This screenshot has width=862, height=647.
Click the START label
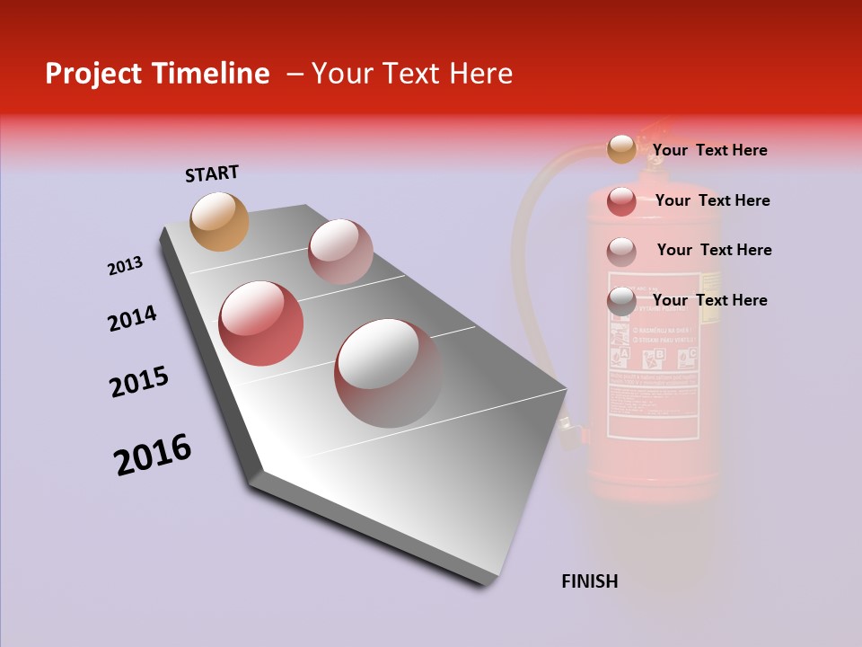(212, 173)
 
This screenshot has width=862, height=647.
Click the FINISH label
(589, 581)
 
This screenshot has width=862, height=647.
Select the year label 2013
(125, 266)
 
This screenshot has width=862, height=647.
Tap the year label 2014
(132, 319)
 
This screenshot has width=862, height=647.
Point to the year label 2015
(139, 382)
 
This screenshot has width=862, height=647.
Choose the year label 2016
(153, 455)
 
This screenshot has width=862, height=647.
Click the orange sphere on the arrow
(220, 221)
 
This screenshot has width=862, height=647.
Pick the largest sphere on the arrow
(388, 373)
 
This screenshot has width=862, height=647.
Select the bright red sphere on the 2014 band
(261, 323)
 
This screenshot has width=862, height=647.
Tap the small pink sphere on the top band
(340, 252)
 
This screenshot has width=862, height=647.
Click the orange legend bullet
(621, 149)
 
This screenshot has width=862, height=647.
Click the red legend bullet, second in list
(621, 200)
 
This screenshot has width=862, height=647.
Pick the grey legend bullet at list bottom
(621, 301)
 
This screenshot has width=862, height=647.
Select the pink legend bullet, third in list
(621, 251)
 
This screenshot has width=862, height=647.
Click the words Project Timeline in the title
(157, 74)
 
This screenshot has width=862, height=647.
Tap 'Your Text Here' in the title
(412, 74)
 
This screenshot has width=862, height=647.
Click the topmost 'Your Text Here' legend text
(709, 150)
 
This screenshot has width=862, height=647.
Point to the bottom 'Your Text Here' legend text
(709, 300)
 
